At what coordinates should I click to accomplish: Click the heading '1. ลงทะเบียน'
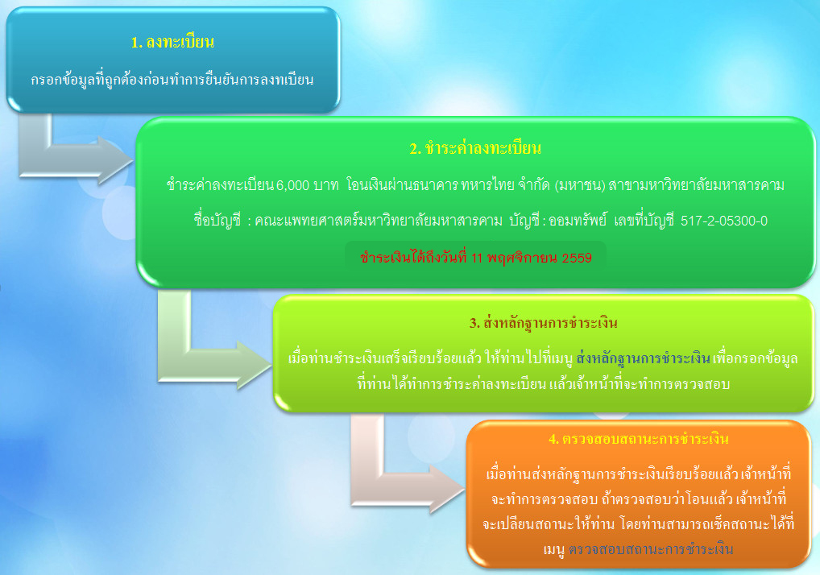click(x=172, y=42)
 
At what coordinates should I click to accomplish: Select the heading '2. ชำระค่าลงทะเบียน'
click(x=475, y=148)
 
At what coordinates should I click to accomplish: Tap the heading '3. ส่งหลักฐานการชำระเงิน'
click(x=544, y=323)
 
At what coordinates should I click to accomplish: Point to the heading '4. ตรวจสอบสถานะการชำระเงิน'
click(x=639, y=439)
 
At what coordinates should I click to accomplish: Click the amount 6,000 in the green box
click(x=293, y=185)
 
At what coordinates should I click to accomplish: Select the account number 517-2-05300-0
click(x=724, y=221)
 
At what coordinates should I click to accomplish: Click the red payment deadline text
click(x=476, y=258)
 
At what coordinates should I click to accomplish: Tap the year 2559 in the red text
click(x=577, y=259)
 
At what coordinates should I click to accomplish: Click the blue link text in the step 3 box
click(x=643, y=358)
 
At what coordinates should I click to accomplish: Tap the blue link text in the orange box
click(x=651, y=549)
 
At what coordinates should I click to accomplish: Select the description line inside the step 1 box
click(x=172, y=80)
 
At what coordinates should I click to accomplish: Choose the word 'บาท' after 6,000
click(x=326, y=185)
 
